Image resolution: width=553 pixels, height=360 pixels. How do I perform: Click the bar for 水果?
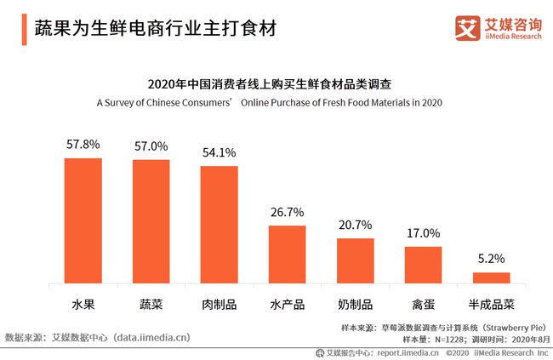pos(83,220)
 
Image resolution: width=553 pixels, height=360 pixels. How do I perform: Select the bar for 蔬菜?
pos(151,221)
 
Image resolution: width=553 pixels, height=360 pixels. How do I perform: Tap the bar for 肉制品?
pos(219,225)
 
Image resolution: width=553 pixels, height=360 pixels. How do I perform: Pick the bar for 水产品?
pos(287,254)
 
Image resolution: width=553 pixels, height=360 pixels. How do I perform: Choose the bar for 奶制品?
pos(355,260)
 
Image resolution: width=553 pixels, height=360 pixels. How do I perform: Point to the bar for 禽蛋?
pos(423,265)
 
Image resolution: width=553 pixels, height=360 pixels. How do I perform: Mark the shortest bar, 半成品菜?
pos(491,277)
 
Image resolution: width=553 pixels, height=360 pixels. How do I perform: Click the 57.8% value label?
pos(83,146)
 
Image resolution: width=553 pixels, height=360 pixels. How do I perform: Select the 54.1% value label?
pos(219,152)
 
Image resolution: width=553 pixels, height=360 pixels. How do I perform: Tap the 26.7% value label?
pos(287,212)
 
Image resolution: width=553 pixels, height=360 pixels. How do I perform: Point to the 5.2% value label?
pos(491,259)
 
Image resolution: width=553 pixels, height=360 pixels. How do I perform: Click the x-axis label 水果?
pos(83,304)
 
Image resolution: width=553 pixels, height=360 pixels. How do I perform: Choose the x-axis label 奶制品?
pos(355,304)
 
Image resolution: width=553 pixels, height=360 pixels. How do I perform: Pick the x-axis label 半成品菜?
pos(491,304)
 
